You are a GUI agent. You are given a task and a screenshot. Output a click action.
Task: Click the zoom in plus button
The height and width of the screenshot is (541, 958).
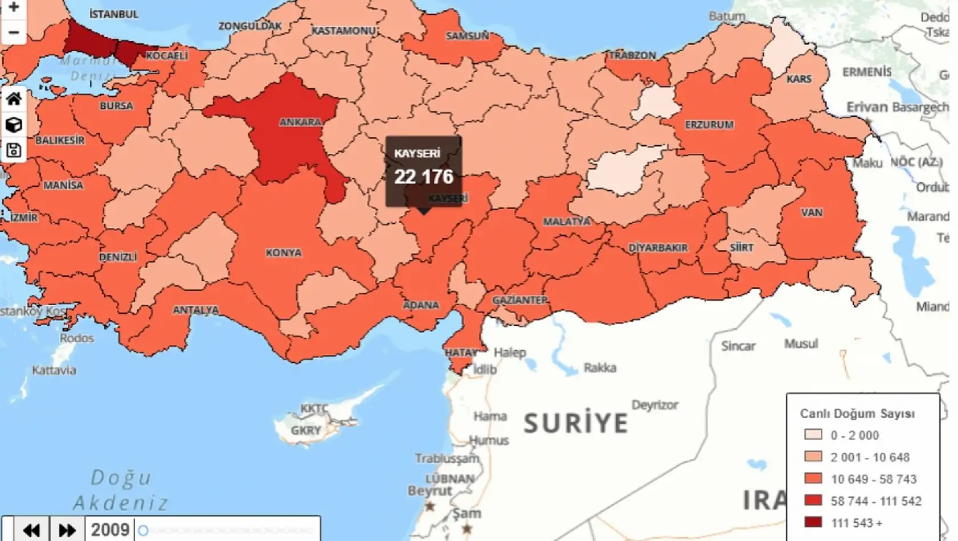pos(14,7)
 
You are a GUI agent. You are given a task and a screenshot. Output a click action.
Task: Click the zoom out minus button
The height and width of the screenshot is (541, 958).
pos(14,32)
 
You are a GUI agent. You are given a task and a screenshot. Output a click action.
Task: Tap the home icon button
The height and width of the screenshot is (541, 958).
pos(14,99)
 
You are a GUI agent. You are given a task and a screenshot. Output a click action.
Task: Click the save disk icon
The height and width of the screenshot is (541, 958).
pos(14,150)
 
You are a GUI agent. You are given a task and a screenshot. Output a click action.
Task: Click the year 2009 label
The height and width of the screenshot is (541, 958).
pos(110,530)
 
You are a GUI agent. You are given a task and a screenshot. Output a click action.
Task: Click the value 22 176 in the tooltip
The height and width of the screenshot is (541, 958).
pos(423,177)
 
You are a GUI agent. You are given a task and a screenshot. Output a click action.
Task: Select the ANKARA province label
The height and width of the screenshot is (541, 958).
pos(300,122)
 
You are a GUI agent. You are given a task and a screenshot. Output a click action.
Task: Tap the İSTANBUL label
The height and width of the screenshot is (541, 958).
pos(114,14)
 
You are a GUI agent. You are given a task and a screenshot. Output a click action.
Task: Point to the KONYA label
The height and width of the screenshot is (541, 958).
pos(283,253)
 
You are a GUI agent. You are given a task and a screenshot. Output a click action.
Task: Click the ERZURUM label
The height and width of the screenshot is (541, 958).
pos(709,125)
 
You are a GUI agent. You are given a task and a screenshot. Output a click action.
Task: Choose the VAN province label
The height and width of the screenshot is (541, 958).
pos(812,212)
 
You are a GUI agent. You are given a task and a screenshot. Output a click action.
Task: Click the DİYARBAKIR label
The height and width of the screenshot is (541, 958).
pos(658,248)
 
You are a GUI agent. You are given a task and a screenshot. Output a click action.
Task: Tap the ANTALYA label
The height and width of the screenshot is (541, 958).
pos(195,310)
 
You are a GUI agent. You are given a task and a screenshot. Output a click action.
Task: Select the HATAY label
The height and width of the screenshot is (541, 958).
pos(461,353)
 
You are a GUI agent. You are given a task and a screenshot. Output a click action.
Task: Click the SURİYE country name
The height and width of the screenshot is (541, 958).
pos(576,423)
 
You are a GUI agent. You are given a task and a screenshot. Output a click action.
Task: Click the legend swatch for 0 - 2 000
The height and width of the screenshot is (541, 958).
pos(813,435)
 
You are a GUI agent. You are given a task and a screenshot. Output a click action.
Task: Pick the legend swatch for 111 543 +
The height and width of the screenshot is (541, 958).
pos(813,522)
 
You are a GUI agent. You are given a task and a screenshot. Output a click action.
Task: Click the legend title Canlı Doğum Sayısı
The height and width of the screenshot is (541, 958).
pos(857,413)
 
